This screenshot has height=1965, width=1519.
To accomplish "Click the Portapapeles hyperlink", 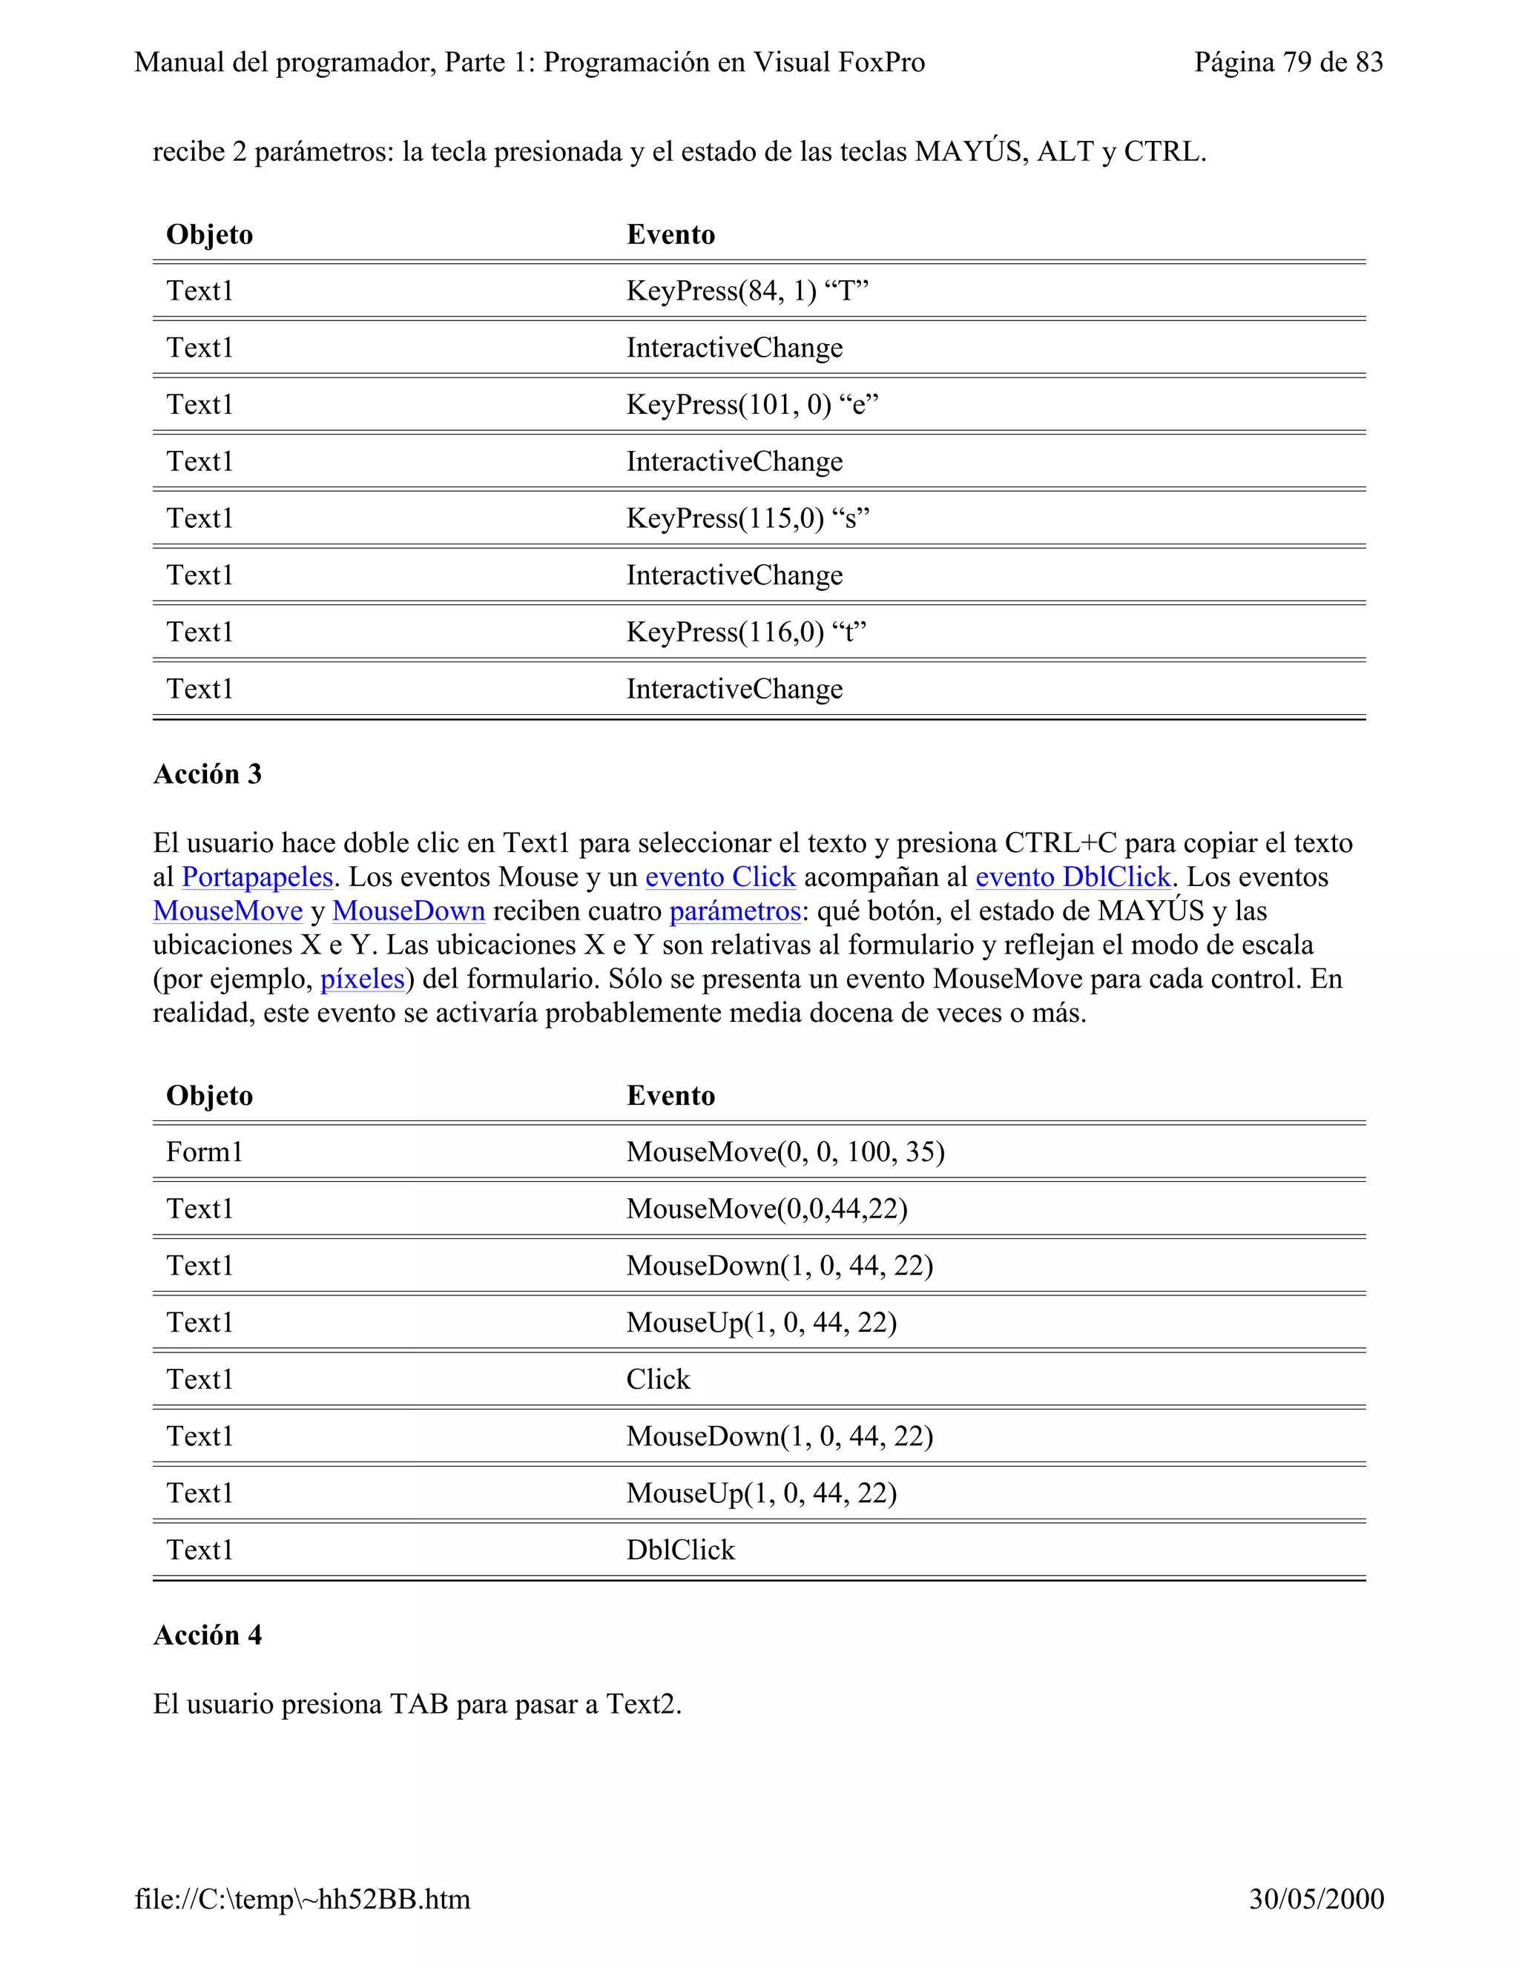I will (x=257, y=877).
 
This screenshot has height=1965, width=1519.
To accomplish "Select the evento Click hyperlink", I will (x=720, y=877).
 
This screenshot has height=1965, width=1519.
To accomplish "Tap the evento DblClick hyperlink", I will (x=1072, y=877).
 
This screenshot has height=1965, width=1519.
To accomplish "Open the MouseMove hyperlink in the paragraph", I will (x=228, y=911).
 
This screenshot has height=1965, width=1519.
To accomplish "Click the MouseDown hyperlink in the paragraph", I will (x=409, y=911).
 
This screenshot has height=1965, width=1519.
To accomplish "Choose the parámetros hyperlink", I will (x=734, y=911).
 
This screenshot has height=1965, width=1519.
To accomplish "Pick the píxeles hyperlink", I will (x=363, y=979).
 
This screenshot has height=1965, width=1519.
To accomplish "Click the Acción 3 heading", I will (x=207, y=775).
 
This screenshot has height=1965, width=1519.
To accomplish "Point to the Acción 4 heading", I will (x=207, y=1636).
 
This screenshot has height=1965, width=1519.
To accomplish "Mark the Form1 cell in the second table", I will (x=204, y=1152).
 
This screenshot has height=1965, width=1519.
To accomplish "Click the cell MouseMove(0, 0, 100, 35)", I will (x=785, y=1152).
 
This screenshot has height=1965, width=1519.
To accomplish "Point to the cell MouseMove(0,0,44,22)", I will (x=767, y=1209).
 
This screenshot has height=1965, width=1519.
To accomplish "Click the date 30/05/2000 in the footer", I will (x=1316, y=1899).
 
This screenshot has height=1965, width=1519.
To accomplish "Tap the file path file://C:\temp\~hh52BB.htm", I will (x=303, y=1899).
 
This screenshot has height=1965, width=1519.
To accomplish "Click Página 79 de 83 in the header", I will (x=1288, y=62).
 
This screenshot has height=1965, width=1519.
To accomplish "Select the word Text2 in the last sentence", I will (x=641, y=1705).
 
